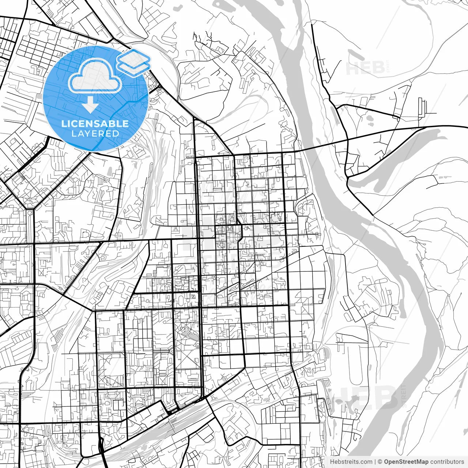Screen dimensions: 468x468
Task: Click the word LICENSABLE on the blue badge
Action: coord(95,124)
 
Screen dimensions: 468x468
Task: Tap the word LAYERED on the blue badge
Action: coord(95,133)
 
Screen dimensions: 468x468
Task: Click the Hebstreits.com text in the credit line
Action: coord(351,462)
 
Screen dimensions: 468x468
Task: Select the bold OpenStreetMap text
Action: coord(406,462)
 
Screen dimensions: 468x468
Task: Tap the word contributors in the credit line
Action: coord(447,462)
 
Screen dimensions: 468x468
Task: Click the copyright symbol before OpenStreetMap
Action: coord(380,462)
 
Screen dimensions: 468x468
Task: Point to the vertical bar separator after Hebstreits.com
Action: coord(375,462)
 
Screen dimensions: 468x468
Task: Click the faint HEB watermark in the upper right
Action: coord(365,68)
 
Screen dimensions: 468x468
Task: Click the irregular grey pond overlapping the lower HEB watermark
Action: coord(344,402)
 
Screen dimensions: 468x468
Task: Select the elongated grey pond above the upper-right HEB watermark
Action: coord(356,55)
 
